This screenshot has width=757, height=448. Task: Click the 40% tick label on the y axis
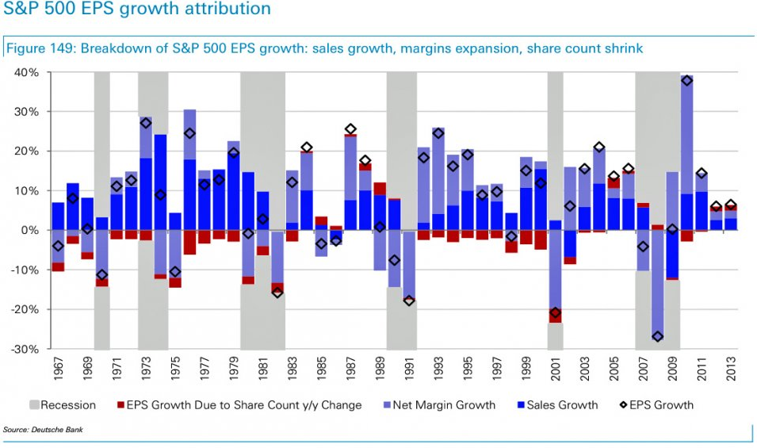(27, 73)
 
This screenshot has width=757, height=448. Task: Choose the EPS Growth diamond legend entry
(655, 405)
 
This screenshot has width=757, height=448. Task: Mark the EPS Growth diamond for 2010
(687, 81)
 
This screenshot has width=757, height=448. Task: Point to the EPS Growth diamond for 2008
(658, 336)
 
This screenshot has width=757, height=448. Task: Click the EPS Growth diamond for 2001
(555, 312)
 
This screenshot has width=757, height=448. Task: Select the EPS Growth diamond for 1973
(146, 123)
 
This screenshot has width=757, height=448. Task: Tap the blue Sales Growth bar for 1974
(160, 182)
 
